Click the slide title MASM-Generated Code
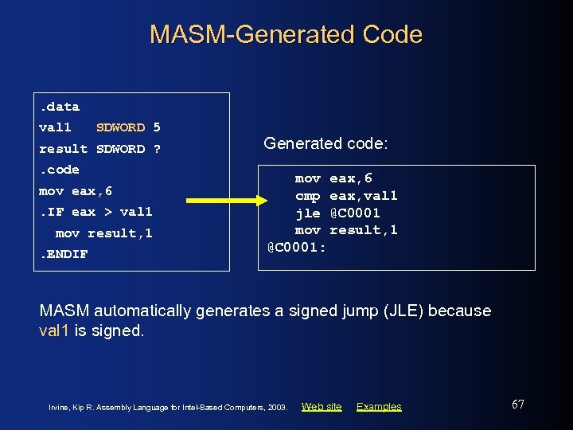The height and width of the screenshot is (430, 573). [x=286, y=34]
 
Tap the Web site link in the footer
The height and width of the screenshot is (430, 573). [x=322, y=407]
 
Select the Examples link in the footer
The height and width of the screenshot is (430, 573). [x=379, y=407]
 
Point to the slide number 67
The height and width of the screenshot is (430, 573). [x=517, y=405]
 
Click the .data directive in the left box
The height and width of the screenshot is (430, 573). [x=60, y=106]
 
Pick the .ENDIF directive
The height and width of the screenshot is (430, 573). [x=64, y=254]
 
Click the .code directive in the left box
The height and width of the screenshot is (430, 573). [x=60, y=170]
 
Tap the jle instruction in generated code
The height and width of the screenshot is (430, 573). [x=308, y=213]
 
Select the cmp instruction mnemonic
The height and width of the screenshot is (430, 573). [x=308, y=196]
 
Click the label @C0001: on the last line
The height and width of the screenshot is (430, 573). [x=296, y=247]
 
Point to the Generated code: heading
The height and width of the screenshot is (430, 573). [x=325, y=143]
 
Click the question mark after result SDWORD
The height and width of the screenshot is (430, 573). [x=157, y=149]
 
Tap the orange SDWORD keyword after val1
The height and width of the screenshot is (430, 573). [x=120, y=127]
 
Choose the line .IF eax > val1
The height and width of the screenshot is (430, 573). [x=95, y=212]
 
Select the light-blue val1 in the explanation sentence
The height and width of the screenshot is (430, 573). [x=55, y=330]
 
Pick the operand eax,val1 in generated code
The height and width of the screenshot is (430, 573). [x=364, y=196]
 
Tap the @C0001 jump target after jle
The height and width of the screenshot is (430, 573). [x=355, y=213]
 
